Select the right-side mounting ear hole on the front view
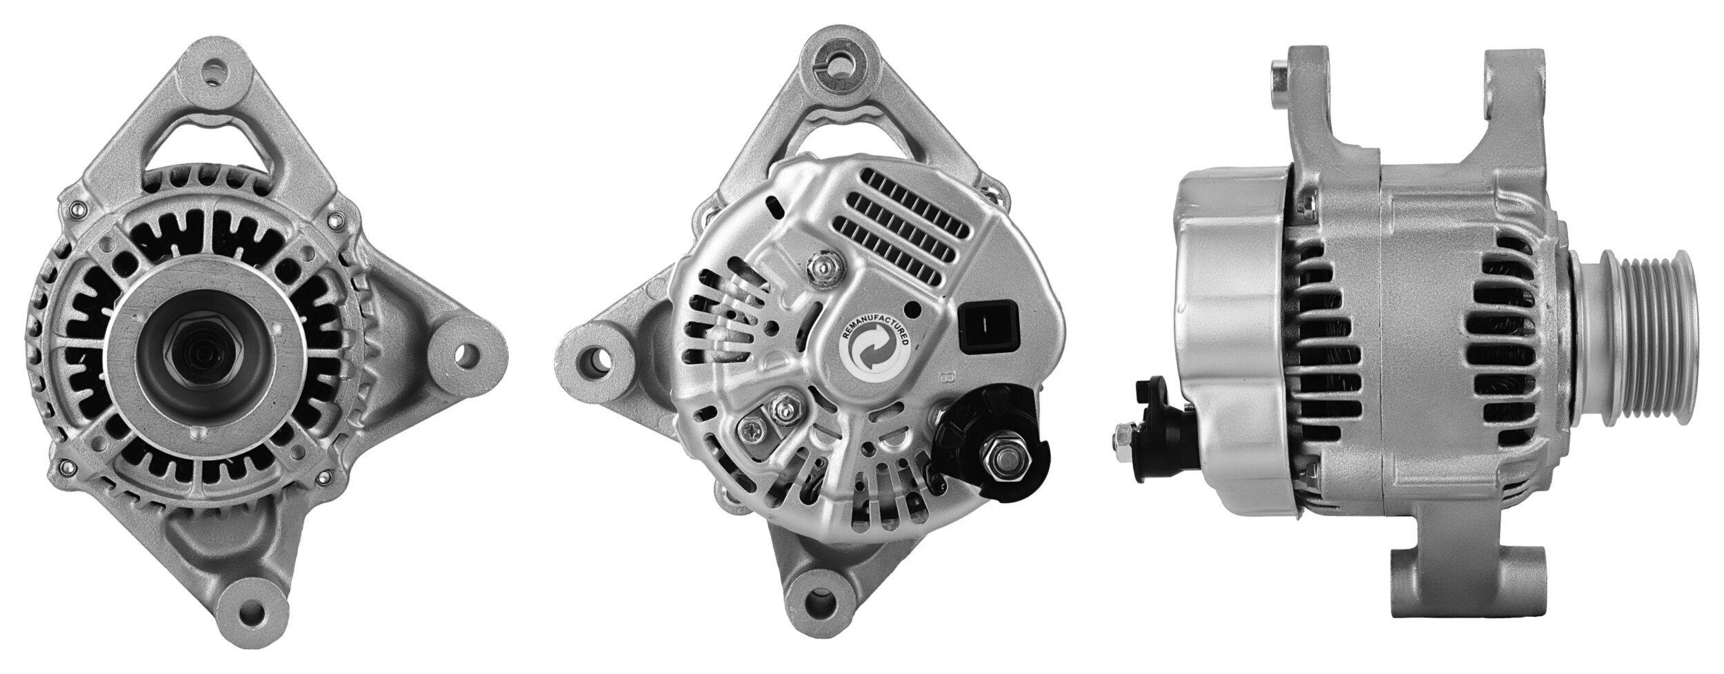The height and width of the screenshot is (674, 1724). click(x=469, y=358)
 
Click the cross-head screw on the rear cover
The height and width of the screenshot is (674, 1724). click(x=753, y=433)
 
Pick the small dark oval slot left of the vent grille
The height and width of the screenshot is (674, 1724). click(x=778, y=203)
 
